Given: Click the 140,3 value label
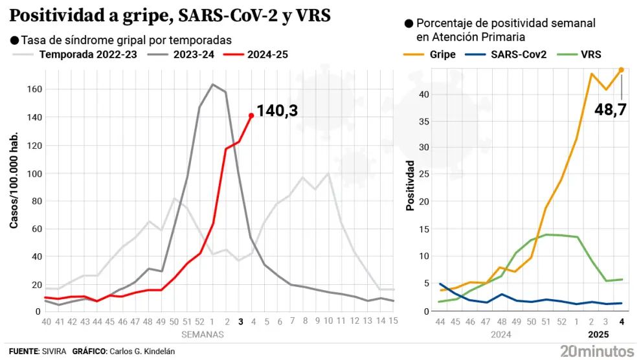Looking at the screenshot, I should click(277, 111).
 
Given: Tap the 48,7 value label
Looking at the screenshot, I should click(611, 109).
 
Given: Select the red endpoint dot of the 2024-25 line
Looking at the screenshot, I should click(251, 116).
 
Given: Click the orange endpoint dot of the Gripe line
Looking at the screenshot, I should click(622, 69).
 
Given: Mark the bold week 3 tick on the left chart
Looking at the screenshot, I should click(240, 322).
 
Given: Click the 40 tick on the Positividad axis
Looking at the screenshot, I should click(423, 94).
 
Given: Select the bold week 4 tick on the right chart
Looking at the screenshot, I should click(622, 322).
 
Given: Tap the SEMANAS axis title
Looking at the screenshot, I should click(201, 334).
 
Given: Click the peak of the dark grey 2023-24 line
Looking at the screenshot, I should click(213, 84).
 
